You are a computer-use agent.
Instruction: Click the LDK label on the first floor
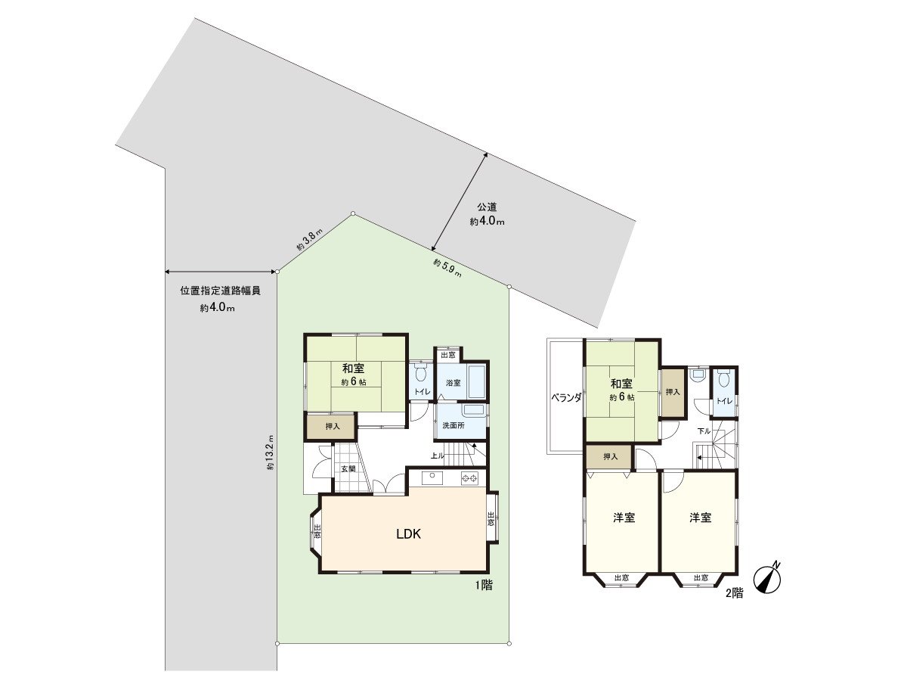pos(408,533)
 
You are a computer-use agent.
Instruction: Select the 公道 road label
pos(487,207)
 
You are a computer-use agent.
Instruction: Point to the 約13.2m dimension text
pos(270,452)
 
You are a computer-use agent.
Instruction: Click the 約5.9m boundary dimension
pos(447,267)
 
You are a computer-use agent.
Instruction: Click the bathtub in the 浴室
pos(475,382)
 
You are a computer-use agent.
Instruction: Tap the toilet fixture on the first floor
pos(421,373)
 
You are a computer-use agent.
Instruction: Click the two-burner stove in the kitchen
pos(470,478)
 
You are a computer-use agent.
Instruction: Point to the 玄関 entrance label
pos(347,469)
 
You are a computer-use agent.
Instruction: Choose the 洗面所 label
pos(453,426)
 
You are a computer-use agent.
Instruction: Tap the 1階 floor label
pos(484,585)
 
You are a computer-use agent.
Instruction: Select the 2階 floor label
pos(734,594)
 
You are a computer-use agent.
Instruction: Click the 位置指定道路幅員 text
pos(220,291)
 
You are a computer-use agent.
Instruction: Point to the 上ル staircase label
pos(437,456)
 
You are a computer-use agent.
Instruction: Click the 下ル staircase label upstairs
pos(704,431)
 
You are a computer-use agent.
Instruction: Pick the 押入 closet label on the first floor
pos(333,428)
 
